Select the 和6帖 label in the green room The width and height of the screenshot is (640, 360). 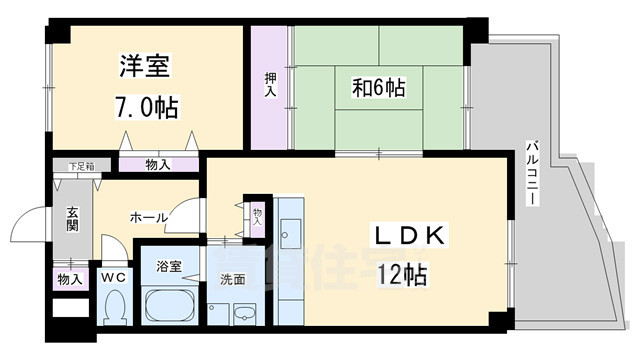(377, 88)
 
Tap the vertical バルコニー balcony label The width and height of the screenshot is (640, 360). (531, 175)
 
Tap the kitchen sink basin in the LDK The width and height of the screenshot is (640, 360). (292, 237)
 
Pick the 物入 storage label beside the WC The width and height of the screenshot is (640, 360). (68, 279)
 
